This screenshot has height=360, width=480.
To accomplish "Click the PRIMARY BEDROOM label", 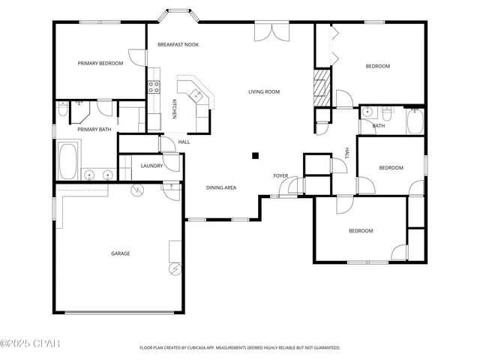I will tap(100, 64).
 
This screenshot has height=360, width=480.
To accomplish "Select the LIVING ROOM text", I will tap(264, 92).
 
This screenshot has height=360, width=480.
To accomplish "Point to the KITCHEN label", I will tap(174, 109).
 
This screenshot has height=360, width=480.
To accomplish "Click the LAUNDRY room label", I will tap(152, 166).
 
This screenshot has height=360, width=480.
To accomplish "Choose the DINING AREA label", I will tap(221, 187).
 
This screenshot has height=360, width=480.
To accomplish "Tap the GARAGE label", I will tap(121, 253).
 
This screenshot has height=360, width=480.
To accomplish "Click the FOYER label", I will tap(280, 176).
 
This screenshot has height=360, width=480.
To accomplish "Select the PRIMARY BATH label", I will tap(94, 130).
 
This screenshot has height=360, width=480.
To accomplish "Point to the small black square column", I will tap(255, 156).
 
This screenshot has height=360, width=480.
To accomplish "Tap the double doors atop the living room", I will tap(270, 32).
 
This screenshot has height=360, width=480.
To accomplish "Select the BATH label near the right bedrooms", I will tap(379, 126).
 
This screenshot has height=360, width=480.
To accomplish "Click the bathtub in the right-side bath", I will tap(415, 121).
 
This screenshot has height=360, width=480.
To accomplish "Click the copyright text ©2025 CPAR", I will tap(29, 344).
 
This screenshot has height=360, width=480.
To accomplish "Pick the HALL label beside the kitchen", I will tap(184, 142).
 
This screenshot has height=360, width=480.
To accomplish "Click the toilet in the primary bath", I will tap(64, 110).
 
